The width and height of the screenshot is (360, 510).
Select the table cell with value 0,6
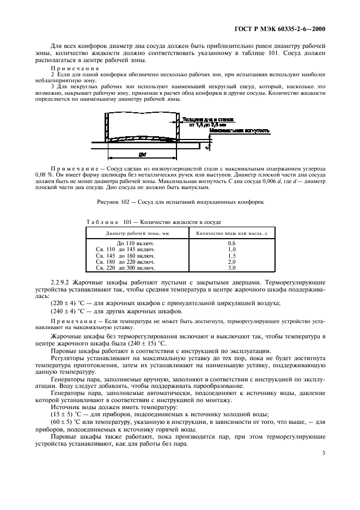(x=231, y=242)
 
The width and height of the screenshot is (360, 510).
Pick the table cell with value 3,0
(x=231, y=268)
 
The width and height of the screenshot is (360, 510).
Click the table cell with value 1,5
(x=231, y=256)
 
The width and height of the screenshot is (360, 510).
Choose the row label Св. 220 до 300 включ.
(x=125, y=268)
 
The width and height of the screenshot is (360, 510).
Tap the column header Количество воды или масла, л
(x=231, y=233)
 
